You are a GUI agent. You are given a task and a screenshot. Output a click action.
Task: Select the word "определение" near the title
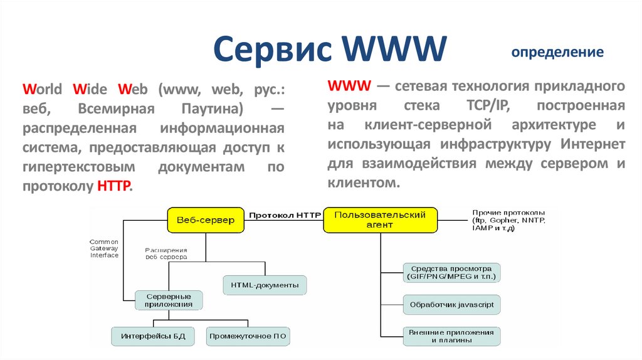click(557, 52)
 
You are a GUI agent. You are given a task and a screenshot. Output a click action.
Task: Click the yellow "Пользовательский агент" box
click(380, 220)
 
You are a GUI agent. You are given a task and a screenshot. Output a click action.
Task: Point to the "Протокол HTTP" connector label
click(285, 215)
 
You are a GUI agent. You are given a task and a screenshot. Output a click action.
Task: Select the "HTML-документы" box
click(265, 285)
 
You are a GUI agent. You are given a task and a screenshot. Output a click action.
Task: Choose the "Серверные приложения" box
click(169, 300)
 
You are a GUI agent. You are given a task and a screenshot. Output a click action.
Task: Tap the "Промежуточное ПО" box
click(248, 336)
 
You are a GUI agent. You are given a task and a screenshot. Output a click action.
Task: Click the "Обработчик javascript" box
click(451, 305)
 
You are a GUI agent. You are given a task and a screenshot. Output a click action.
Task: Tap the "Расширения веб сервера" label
click(166, 253)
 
